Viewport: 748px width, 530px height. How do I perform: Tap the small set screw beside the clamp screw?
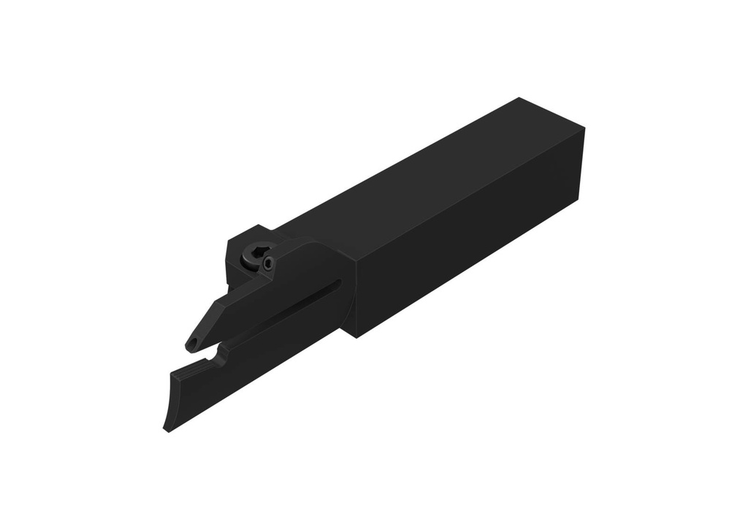click(x=269, y=263)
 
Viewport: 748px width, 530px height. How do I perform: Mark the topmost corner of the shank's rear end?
click(x=519, y=98)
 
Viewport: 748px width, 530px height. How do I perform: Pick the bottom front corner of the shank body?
click(x=355, y=337)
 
